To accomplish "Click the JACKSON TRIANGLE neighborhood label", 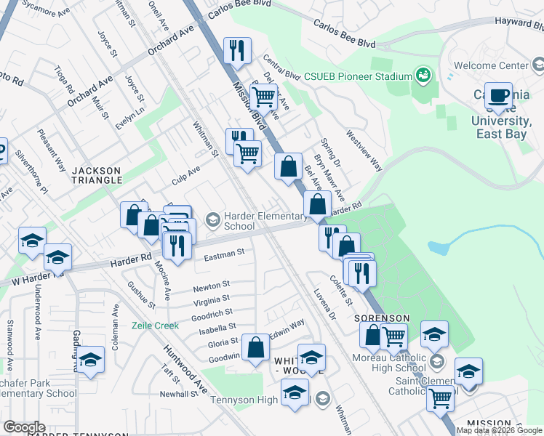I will coord(95,175).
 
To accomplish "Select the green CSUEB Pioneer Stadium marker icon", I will coord(421,75).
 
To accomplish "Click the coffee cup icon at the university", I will coord(499,94).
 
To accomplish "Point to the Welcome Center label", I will coord(491,66).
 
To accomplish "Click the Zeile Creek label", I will coord(155,326).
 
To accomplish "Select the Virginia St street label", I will coord(212,299).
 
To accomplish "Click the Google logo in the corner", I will coord(24,427).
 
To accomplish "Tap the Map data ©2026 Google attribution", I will coord(500,430).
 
